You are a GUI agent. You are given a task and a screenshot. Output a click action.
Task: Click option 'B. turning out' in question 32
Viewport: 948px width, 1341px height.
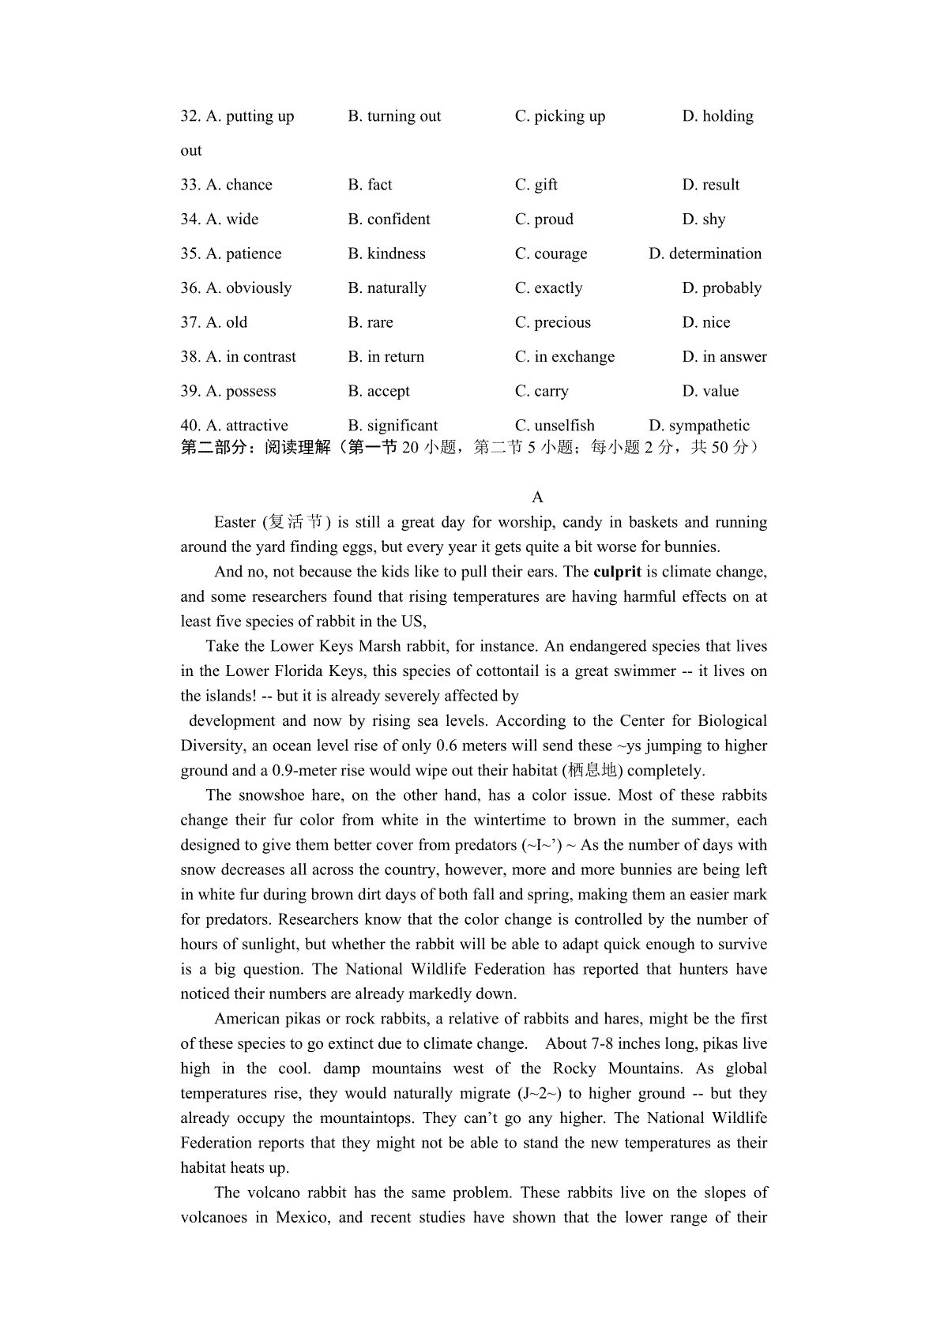pos(394,116)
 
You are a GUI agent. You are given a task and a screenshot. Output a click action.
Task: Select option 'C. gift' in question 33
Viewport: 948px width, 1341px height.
pos(536,185)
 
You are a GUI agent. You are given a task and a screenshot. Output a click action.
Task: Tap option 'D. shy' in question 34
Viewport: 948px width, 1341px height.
pos(703,220)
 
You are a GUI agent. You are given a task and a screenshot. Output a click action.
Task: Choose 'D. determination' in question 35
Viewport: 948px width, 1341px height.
pos(705,254)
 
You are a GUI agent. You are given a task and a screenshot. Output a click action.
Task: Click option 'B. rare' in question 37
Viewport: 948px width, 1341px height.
pos(371,322)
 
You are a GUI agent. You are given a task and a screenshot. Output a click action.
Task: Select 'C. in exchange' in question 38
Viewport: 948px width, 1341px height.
pos(564,357)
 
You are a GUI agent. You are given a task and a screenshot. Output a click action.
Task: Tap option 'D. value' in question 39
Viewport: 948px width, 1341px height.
pos(710,391)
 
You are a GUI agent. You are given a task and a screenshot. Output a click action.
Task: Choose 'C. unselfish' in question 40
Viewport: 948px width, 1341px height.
pos(555,426)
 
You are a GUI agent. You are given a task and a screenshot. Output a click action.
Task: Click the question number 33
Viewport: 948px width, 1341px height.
pos(190,185)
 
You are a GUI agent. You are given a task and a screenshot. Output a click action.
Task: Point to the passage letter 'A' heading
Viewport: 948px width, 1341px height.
pos(537,497)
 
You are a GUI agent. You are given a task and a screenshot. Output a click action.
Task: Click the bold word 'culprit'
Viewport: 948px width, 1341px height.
pos(617,572)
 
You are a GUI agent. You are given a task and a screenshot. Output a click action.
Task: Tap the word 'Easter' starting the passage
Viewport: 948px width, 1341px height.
pos(235,522)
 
